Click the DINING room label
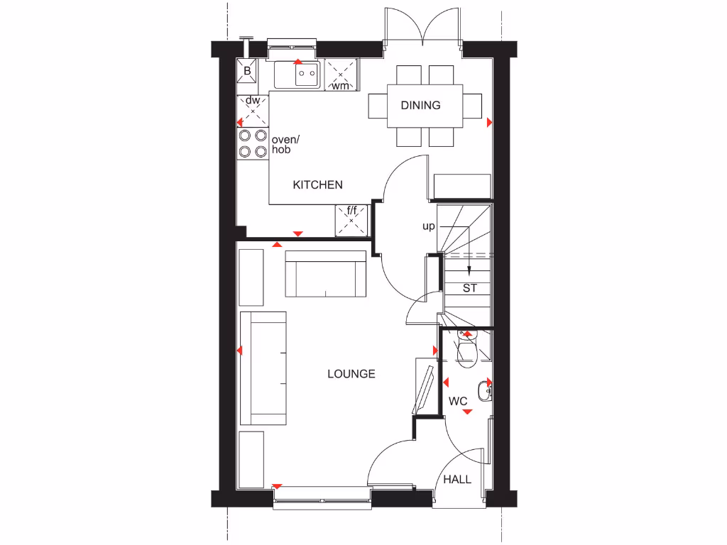(x=420, y=105)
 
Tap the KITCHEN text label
(x=318, y=185)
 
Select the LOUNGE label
(x=351, y=373)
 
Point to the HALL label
(x=457, y=480)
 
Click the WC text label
(x=458, y=402)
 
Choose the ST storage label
(x=469, y=288)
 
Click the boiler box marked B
(x=248, y=71)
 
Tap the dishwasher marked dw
(x=253, y=111)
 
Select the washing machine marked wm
(x=341, y=76)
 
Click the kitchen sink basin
(x=307, y=73)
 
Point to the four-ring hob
(x=252, y=143)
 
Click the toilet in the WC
(x=467, y=351)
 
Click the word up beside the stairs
(x=428, y=227)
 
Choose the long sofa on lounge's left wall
(x=263, y=368)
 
